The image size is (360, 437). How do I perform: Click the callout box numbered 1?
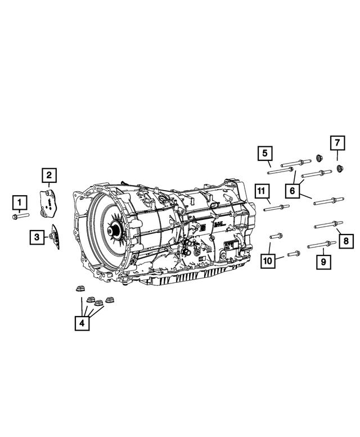pos(20,201)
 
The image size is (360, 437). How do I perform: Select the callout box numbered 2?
pos(49,175)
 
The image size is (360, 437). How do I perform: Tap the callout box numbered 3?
pos(37,237)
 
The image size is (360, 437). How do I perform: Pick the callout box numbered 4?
pos(83,323)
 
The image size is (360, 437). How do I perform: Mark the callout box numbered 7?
pos(336,143)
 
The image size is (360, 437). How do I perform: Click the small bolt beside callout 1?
pos(19,215)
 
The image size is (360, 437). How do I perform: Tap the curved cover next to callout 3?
pos(56,238)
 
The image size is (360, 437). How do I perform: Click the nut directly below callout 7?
pos(340,168)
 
